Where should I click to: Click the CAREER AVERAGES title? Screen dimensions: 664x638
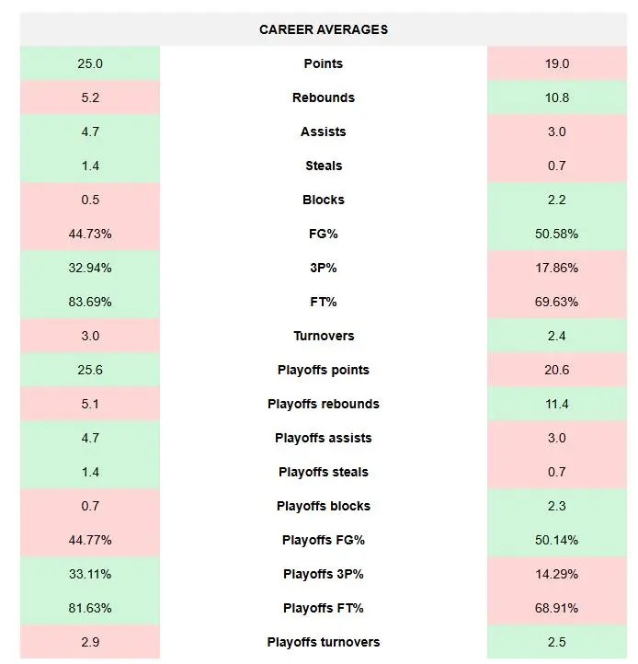[324, 29]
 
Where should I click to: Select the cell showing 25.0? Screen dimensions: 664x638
[90, 63]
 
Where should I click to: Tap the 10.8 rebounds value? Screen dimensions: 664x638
[557, 97]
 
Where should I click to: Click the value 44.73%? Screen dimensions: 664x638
[90, 234]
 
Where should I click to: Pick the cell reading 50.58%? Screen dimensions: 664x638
[557, 234]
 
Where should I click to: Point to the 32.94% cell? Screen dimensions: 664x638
[90, 268]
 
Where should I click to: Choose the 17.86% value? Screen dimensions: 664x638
[557, 268]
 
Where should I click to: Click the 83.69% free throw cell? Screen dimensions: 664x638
[90, 302]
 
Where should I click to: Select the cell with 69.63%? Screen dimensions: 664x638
[557, 302]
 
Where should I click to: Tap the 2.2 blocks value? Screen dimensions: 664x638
[557, 200]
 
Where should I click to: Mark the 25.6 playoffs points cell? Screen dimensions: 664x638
[90, 370]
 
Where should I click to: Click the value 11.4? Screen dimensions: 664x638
[557, 404]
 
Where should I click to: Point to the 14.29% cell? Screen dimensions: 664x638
[557, 574]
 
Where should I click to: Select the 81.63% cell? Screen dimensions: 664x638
[90, 608]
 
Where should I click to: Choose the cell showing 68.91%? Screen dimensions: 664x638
[557, 608]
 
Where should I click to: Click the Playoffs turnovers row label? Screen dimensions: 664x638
[324, 642]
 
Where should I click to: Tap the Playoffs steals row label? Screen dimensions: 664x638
[324, 472]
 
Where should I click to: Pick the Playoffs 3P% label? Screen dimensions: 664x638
[324, 574]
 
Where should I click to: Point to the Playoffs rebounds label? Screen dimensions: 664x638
[324, 404]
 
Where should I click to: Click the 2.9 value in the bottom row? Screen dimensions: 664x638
[90, 642]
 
